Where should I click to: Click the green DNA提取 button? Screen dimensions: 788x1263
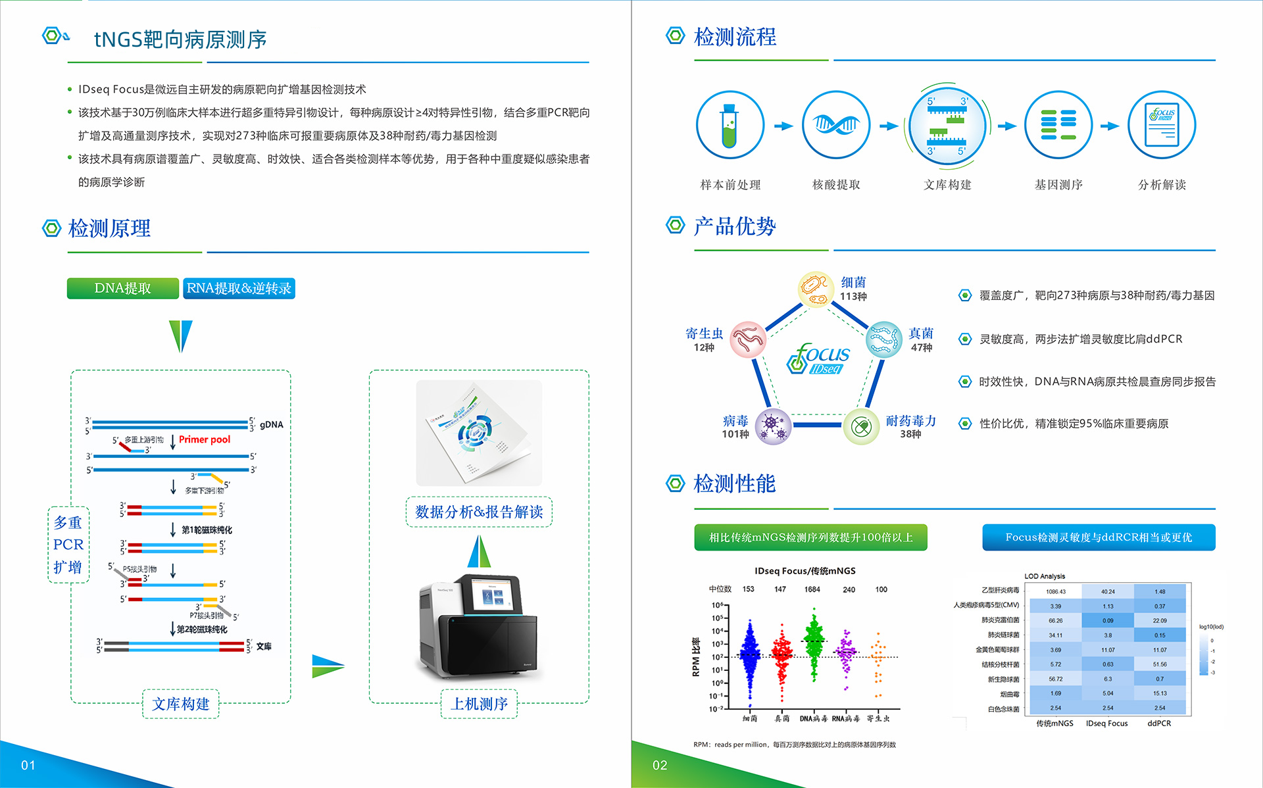[122, 288]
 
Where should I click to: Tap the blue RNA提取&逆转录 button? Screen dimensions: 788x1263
[239, 288]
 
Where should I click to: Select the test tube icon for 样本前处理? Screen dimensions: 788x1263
[730, 125]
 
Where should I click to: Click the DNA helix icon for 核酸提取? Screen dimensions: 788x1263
[836, 125]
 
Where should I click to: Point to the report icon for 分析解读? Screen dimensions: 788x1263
[1162, 125]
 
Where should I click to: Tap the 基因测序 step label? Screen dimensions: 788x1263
[1058, 185]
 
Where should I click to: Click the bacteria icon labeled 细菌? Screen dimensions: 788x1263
[816, 289]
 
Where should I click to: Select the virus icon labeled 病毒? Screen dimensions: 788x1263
[773, 426]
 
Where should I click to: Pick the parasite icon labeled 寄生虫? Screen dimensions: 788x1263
[748, 339]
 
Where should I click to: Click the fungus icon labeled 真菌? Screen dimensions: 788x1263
[883, 339]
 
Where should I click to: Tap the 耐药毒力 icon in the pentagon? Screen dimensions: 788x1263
[861, 426]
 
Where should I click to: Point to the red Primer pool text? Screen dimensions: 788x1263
[205, 439]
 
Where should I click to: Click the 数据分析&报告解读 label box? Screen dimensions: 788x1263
[479, 512]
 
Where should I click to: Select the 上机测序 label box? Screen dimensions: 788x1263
[479, 704]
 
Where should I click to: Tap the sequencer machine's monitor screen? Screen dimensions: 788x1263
[495, 597]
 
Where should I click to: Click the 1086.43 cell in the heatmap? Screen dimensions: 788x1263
[1056, 591]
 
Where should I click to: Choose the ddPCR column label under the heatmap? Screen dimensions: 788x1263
[1159, 724]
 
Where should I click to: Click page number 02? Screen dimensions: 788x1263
[660, 765]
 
